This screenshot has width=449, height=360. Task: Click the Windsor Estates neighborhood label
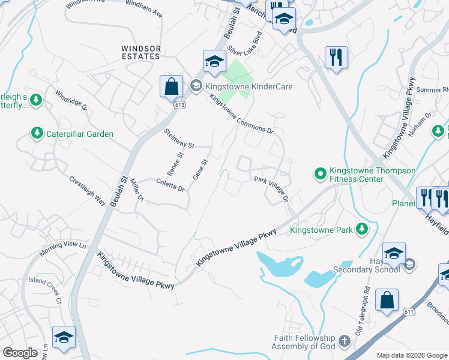[x=141, y=52]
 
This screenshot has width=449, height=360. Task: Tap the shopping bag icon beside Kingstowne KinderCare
[x=172, y=86]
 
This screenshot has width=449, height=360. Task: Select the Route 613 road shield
[x=181, y=104]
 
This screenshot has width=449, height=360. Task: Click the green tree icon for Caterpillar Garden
[x=37, y=133]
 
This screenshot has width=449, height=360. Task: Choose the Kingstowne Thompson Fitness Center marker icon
[x=320, y=175]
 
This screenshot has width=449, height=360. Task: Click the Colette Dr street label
[x=170, y=184]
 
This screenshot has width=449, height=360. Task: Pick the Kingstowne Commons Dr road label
[x=241, y=115]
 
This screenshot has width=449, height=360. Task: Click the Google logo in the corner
[x=20, y=352]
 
